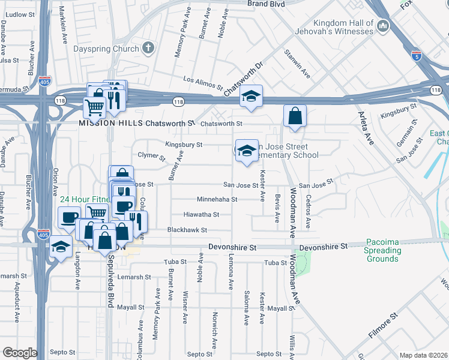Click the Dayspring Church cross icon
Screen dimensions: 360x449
click(149, 48)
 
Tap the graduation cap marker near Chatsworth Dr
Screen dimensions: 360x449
click(251, 97)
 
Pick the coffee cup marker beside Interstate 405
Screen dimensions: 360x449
click(69, 217)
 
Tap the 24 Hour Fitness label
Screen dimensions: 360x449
click(84, 199)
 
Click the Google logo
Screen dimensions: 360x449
click(20, 353)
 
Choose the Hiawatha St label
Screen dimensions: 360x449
click(201, 214)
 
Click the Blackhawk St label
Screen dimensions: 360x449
click(187, 230)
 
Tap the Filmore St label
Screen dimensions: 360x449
click(384, 324)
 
